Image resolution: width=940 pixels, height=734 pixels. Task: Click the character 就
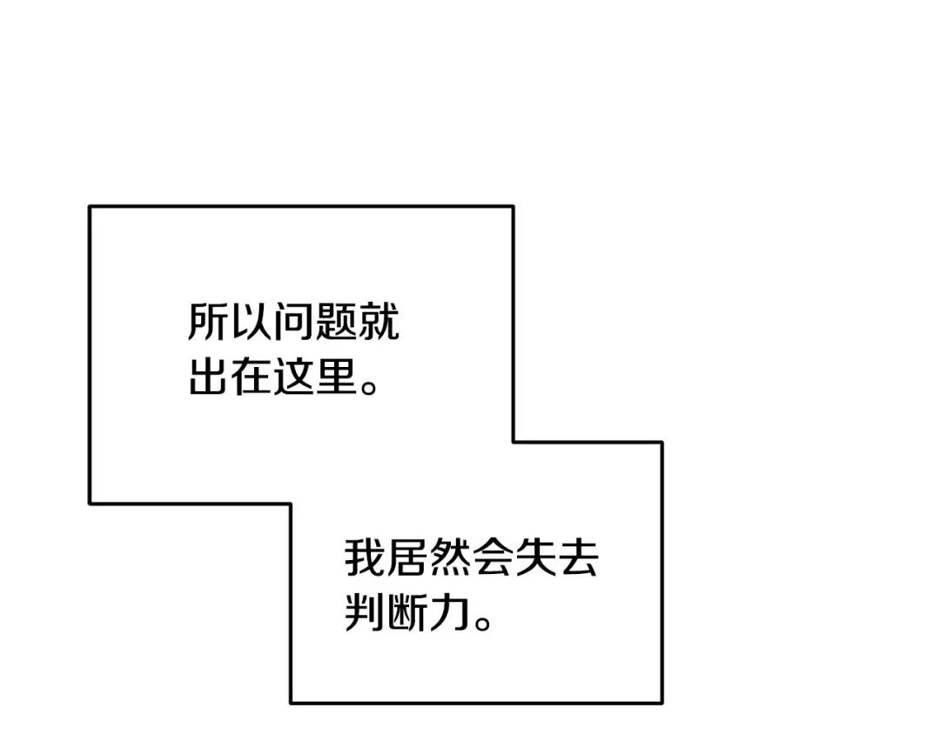379,322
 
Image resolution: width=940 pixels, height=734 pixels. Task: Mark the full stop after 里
369,386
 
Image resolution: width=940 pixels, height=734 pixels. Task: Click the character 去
578,557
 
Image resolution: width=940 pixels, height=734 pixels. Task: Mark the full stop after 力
483,622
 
